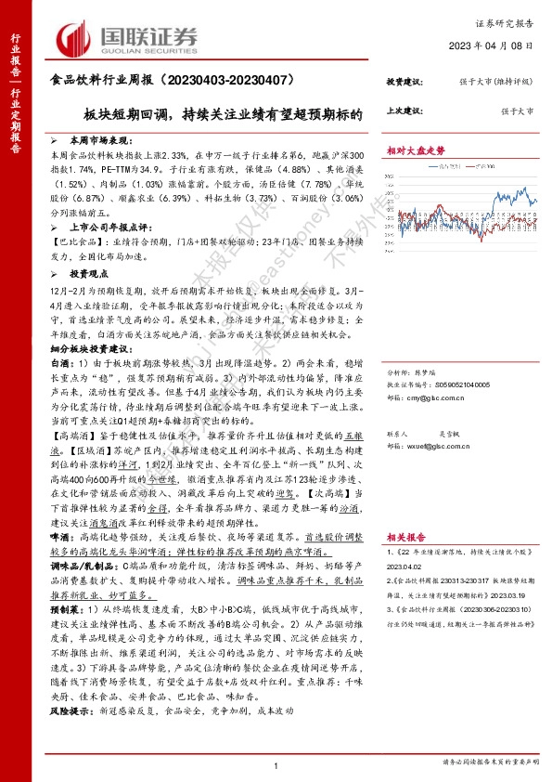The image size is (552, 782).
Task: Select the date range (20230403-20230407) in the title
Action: pyautogui.click(x=225, y=83)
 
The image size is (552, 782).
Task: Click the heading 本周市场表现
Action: pyautogui.click(x=96, y=137)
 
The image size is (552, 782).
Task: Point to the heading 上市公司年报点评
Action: pyautogui.click(x=106, y=226)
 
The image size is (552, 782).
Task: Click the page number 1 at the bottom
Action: pyautogui.click(x=276, y=763)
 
